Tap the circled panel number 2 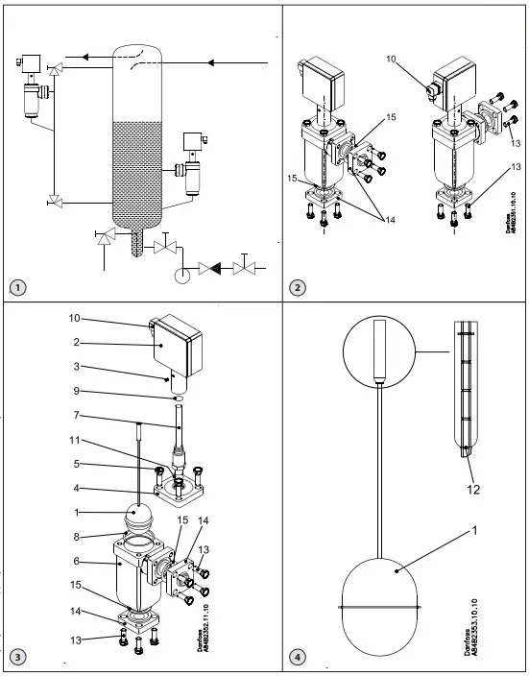(x=300, y=287)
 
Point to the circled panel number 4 (x=300, y=658)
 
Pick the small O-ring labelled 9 (x=179, y=398)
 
